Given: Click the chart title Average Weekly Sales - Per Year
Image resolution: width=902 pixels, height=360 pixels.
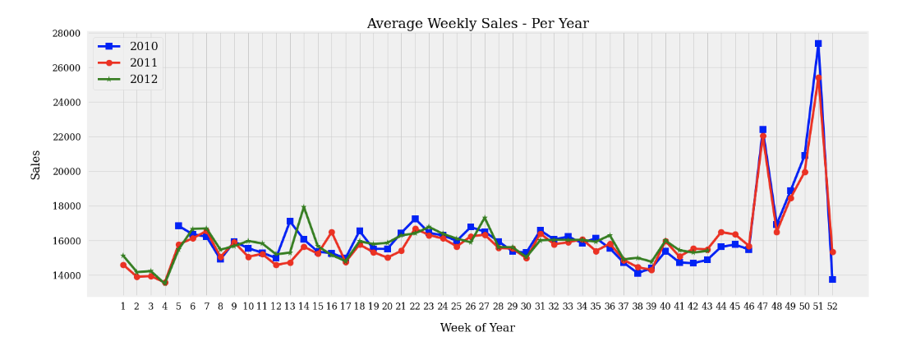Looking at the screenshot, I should pyautogui.click(x=477, y=24).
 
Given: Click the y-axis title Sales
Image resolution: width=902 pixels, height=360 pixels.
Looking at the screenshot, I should pyautogui.click(x=36, y=164).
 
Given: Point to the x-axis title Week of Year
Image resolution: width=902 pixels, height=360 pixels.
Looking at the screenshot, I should pyautogui.click(x=477, y=328).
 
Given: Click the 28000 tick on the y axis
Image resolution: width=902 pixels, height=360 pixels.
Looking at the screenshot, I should pyautogui.click(x=65, y=34).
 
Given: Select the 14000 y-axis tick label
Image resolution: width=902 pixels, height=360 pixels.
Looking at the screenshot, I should pyautogui.click(x=65, y=275).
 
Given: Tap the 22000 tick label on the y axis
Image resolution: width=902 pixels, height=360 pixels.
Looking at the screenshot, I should pyautogui.click(x=65, y=137).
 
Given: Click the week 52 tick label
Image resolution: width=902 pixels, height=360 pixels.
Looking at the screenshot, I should pyautogui.click(x=832, y=307).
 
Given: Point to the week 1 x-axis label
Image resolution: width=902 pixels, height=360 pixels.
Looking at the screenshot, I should pyautogui.click(x=123, y=307).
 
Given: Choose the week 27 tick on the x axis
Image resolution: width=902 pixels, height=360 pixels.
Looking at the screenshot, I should pyautogui.click(x=485, y=307).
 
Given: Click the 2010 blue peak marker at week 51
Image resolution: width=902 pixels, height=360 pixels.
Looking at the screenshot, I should pyautogui.click(x=818, y=44).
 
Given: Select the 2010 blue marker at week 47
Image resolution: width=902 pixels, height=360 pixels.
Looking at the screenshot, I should pyautogui.click(x=762, y=130).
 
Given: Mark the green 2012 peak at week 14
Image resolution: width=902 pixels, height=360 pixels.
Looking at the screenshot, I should pyautogui.click(x=304, y=207).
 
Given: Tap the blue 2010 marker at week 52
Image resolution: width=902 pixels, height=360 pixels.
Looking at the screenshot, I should pyautogui.click(x=832, y=279).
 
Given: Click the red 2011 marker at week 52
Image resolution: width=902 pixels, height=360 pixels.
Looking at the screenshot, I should pyautogui.click(x=832, y=252).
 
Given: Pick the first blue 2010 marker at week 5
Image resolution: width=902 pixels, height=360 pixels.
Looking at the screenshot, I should pyautogui.click(x=178, y=225).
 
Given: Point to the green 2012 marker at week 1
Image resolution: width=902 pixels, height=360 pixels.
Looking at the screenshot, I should pyautogui.click(x=123, y=256).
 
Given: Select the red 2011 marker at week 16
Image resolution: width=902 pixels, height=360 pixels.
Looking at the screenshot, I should pyautogui.click(x=332, y=233).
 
